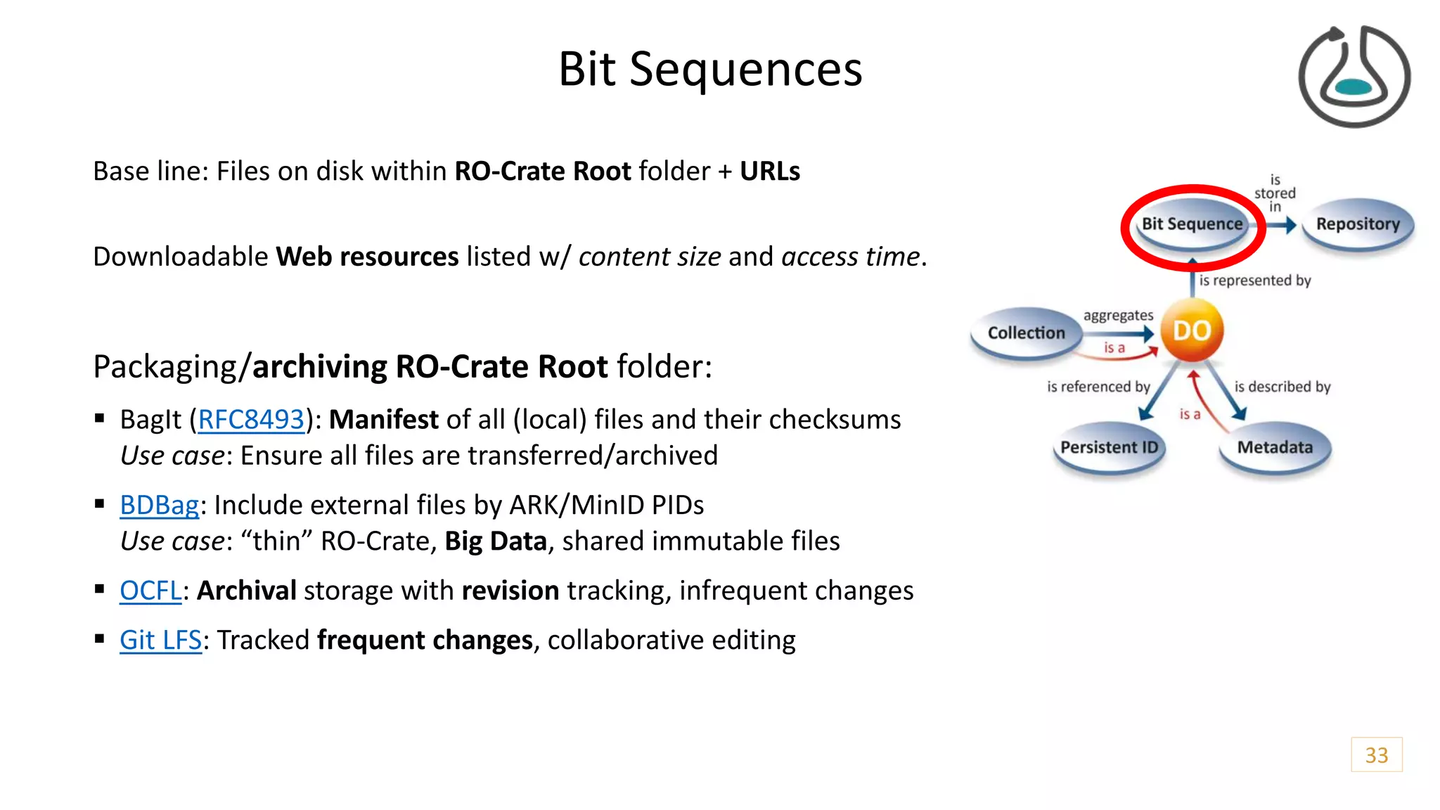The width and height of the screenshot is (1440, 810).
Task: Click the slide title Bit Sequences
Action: (710, 69)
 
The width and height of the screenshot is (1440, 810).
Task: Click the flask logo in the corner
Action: (1354, 76)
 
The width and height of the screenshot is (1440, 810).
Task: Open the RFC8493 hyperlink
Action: (251, 420)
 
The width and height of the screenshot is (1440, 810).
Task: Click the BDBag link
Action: (160, 505)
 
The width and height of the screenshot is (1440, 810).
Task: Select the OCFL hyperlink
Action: (150, 591)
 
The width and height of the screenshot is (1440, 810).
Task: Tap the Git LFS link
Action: (160, 640)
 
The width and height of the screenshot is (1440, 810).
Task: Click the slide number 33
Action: (1376, 754)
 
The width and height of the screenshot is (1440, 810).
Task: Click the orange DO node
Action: (1192, 330)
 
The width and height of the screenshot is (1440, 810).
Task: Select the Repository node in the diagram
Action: (1358, 224)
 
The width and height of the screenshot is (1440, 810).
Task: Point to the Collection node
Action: (1026, 333)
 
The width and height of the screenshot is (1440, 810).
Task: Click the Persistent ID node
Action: (1109, 448)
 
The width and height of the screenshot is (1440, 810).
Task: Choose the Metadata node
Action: (1275, 448)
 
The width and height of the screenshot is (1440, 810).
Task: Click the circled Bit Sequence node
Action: (1192, 224)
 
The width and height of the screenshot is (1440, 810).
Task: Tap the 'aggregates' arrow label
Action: (1118, 316)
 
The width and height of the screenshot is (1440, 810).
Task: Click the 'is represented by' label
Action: (1255, 281)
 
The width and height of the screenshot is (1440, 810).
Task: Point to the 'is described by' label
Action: (1282, 387)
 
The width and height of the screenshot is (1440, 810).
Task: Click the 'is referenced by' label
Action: (1098, 387)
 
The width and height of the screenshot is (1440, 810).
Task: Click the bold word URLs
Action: (770, 172)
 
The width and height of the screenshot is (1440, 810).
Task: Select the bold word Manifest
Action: (384, 420)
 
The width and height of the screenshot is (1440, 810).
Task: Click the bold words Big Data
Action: (496, 541)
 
